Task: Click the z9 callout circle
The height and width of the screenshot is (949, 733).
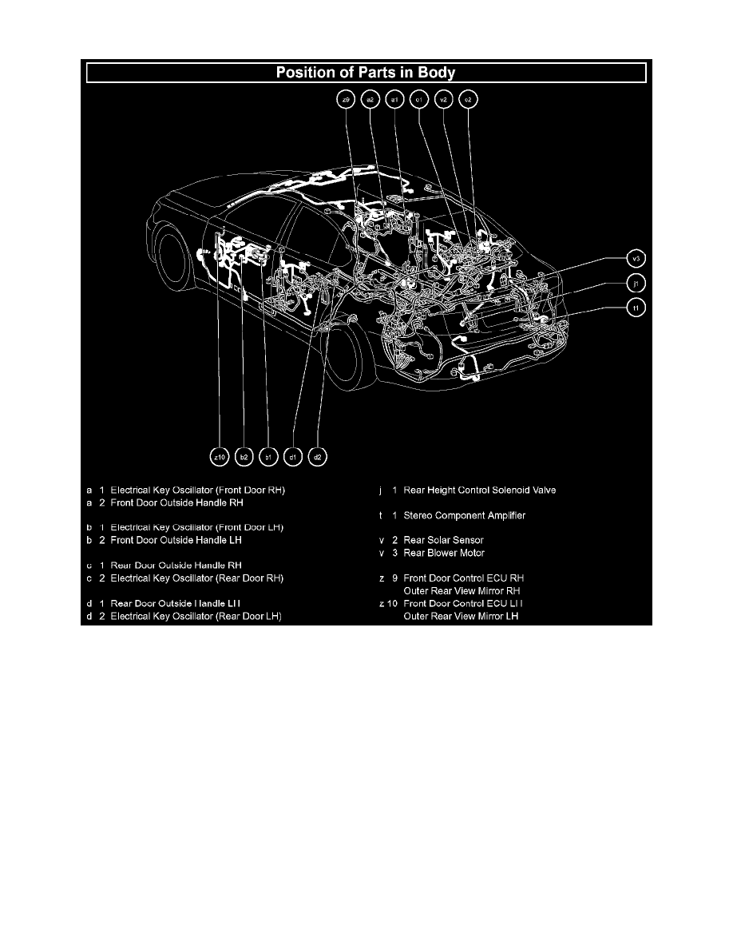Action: (346, 100)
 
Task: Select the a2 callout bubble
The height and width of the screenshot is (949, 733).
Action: (370, 100)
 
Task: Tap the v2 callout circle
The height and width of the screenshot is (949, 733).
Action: (445, 100)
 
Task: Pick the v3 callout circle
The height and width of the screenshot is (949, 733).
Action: (636, 259)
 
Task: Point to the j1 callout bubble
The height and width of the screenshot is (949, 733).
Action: (636, 283)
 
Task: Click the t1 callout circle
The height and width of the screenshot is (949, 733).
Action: (636, 307)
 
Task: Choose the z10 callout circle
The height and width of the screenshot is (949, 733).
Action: (219, 457)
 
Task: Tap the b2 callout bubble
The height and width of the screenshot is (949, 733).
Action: (244, 457)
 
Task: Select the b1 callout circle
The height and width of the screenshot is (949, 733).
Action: (268, 457)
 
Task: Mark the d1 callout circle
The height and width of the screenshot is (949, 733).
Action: (293, 457)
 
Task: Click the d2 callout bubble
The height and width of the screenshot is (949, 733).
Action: (318, 457)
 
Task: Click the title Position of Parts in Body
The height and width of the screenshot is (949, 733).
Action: (366, 73)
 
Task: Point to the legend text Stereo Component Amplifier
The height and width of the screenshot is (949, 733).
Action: (464, 516)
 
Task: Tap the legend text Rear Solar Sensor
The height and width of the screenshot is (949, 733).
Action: (444, 541)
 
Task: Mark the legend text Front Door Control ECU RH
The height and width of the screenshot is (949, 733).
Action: (464, 578)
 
